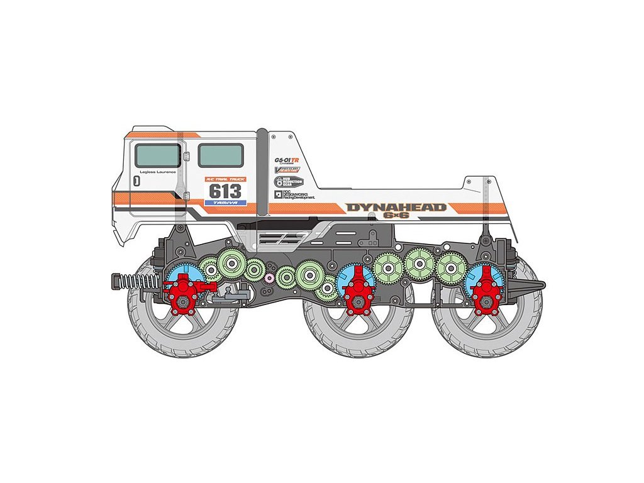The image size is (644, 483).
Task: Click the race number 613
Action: pyautogui.click(x=225, y=191)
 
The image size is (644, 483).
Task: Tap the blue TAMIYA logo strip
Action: pyautogui.click(x=225, y=203)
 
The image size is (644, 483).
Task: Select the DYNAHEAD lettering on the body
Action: pyautogui.click(x=396, y=208)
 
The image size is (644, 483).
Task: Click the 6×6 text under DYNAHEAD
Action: pyautogui.click(x=396, y=216)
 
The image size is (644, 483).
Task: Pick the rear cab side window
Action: pyautogui.click(x=221, y=155)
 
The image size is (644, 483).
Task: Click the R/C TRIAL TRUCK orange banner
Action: pyautogui.click(x=225, y=179)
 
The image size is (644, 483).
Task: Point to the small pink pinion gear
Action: pyautogui.click(x=270, y=277)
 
